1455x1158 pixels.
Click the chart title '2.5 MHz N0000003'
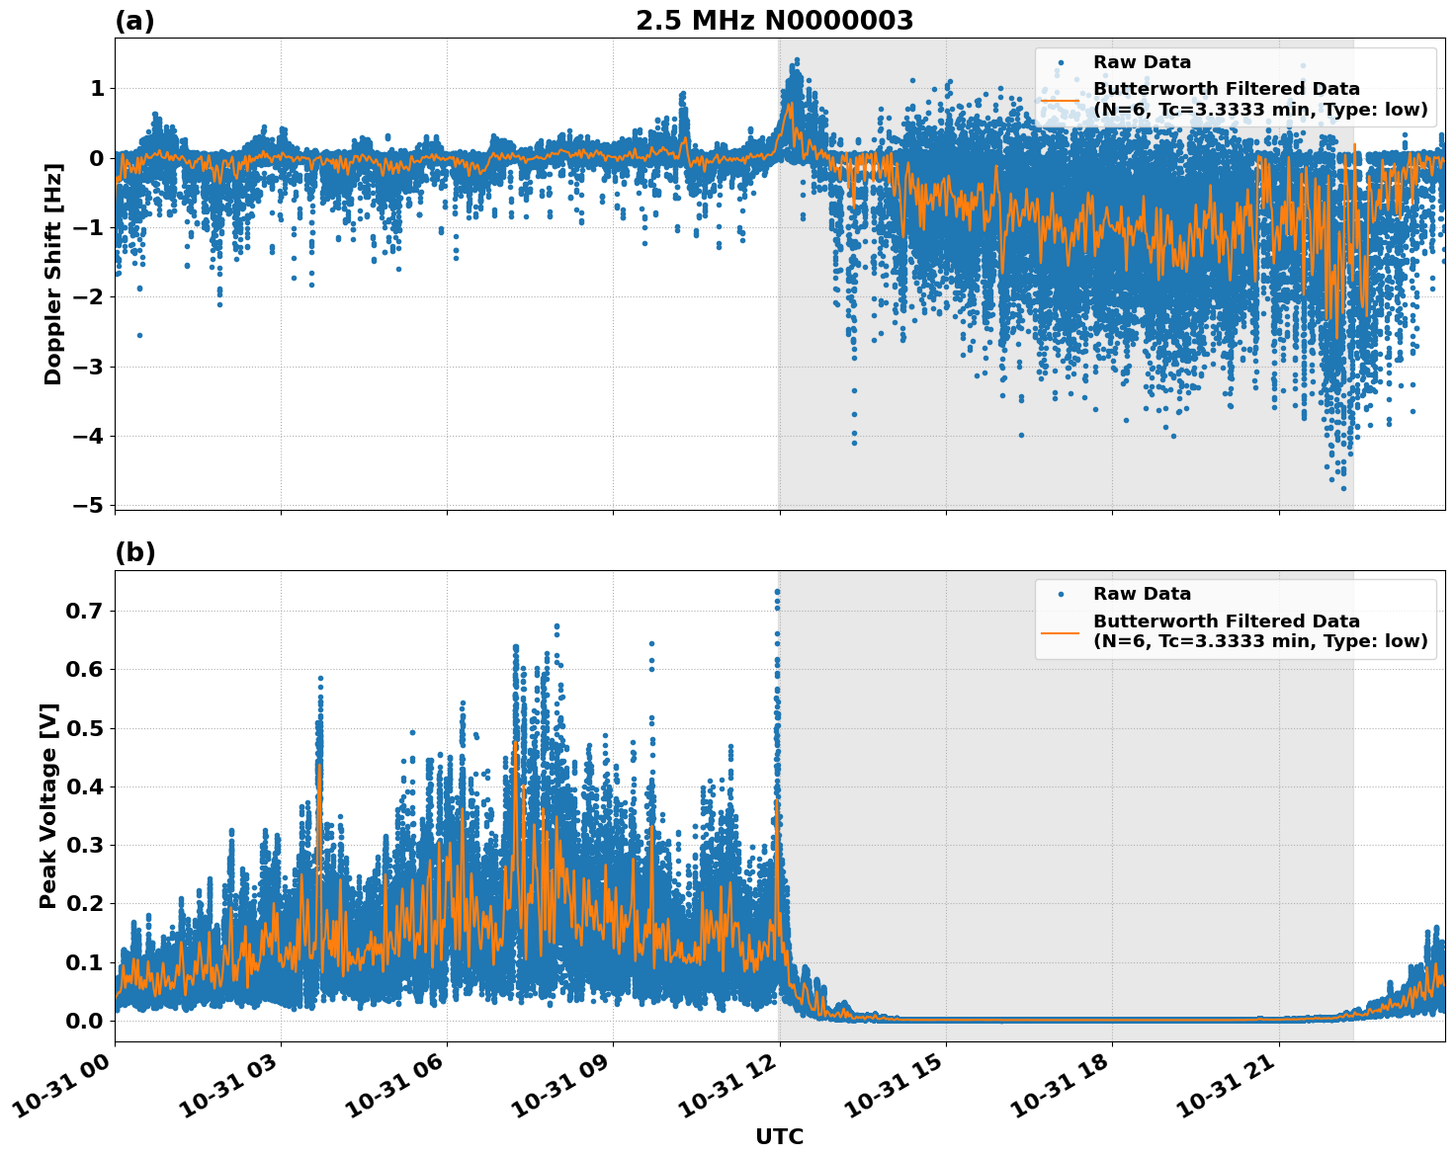click(774, 21)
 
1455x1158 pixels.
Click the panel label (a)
click(134, 21)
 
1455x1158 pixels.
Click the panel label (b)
click(134, 552)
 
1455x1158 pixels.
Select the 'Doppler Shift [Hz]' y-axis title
click(53, 274)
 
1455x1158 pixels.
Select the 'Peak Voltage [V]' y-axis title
click(48, 805)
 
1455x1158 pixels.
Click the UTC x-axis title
click(779, 1136)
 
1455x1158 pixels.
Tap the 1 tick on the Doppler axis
click(97, 89)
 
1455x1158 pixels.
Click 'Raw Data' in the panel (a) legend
click(1142, 62)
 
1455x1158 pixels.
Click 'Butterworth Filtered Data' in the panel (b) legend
click(1226, 621)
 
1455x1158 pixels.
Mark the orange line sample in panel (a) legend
click(1060, 99)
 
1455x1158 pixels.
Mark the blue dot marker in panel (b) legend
click(1060, 594)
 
